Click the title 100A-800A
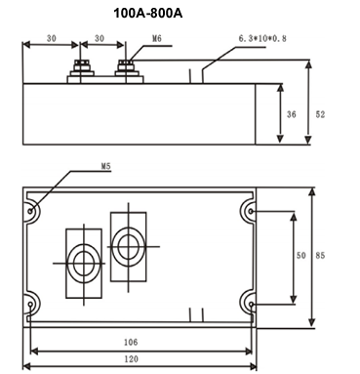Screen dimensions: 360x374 [x=148, y=14]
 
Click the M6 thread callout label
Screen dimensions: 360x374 [x=157, y=39]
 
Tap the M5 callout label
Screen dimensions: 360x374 [x=106, y=166]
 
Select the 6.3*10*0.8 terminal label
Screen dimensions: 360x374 [x=262, y=38]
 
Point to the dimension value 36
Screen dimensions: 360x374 [x=292, y=114]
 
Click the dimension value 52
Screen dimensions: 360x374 [x=320, y=114]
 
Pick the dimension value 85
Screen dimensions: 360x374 [x=320, y=256]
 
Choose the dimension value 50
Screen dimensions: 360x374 [x=301, y=256]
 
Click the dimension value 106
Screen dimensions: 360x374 [x=131, y=342]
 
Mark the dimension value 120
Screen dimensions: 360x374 [x=131, y=359]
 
